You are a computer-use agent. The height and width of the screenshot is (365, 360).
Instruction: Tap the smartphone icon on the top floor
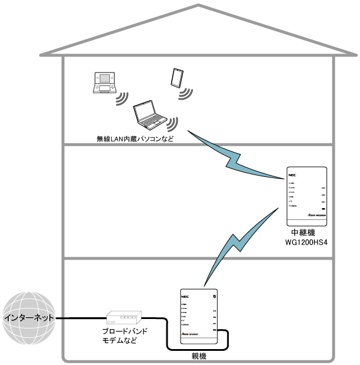point(176,77)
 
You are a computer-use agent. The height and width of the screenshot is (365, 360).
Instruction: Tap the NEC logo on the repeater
point(292,175)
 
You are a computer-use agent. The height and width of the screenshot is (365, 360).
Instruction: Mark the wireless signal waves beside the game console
point(123,97)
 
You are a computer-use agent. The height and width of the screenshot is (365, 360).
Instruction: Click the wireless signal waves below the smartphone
point(186,93)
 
